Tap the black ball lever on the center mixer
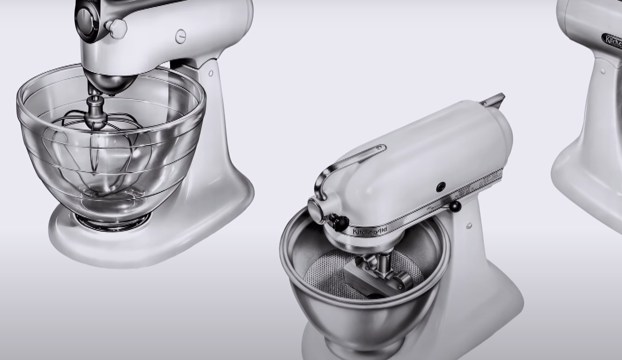point(455,207)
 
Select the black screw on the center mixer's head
point(441,186)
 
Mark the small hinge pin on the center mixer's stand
point(469,225)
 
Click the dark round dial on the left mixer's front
point(86,18)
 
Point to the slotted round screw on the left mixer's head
point(181,36)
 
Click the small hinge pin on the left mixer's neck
point(211,73)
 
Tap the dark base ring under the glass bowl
point(113,222)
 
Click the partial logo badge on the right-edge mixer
point(613,41)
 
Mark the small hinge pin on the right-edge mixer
point(603,71)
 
